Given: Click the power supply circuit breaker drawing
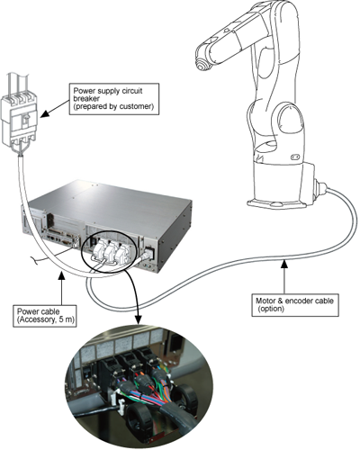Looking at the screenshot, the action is [19, 117].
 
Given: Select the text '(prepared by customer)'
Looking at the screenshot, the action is [113, 106].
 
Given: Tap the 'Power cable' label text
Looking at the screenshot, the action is [38, 311].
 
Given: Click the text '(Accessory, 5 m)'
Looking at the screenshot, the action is [45, 319].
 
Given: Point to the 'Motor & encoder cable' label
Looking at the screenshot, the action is [294, 301].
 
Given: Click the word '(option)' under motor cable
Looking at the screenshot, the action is [271, 309].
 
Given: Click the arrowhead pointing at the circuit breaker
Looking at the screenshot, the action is [44, 114].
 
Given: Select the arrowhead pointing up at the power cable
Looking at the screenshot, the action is [61, 275].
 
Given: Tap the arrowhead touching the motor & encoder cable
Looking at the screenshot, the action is [284, 264].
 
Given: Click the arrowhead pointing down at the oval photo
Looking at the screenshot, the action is [139, 319].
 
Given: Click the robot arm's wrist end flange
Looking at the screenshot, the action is [202, 64].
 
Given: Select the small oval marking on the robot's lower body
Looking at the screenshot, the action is [294, 157].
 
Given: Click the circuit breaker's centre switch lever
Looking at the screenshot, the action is [25, 121].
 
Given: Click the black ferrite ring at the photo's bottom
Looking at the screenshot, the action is [139, 418].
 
